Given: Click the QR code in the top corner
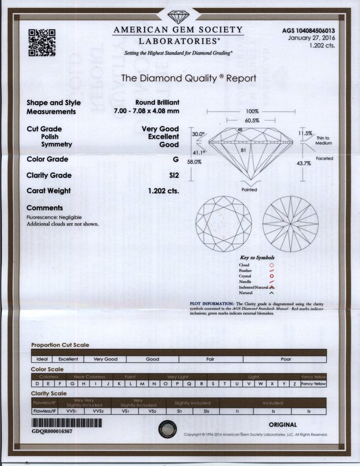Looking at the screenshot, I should pos(42,42).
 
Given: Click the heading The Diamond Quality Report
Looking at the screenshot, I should pos(189,78).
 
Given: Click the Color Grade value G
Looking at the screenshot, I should pos(177,159).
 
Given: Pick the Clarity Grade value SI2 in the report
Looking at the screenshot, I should pos(174,175).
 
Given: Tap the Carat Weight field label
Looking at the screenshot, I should pos(49,191).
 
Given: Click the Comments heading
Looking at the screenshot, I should pos(44,208).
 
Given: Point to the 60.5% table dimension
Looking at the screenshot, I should pos(252,121).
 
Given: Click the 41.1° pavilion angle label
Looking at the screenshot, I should pos(198,153).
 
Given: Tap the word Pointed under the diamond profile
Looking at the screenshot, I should pos(249,190).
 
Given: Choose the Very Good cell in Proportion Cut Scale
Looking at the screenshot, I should pos(105,359).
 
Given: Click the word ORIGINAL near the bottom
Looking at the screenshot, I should pos(283,424).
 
